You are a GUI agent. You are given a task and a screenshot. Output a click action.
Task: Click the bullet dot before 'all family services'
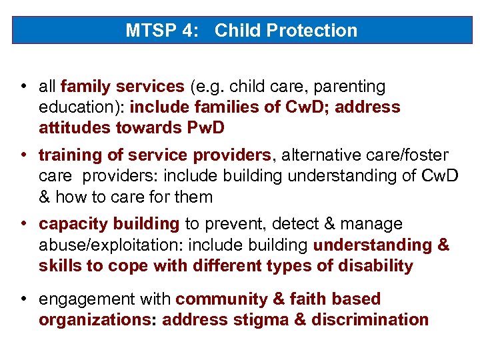[x=23, y=87]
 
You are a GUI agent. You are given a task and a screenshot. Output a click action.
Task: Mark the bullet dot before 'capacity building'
[x=23, y=224]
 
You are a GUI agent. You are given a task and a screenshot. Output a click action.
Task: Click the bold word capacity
[x=70, y=224]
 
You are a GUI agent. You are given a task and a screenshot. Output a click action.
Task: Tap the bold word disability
[x=376, y=266]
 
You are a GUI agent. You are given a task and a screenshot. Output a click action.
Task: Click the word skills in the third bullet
[x=55, y=266]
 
